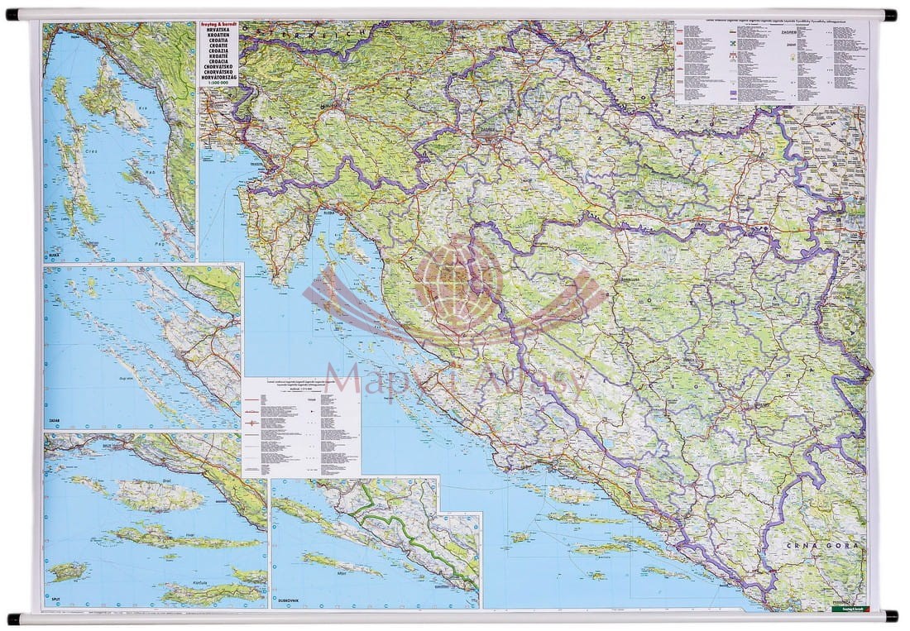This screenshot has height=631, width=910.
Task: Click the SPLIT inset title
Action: pyautogui.click(x=53, y=603)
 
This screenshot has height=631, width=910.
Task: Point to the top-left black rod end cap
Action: pyautogui.click(x=12, y=15)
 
